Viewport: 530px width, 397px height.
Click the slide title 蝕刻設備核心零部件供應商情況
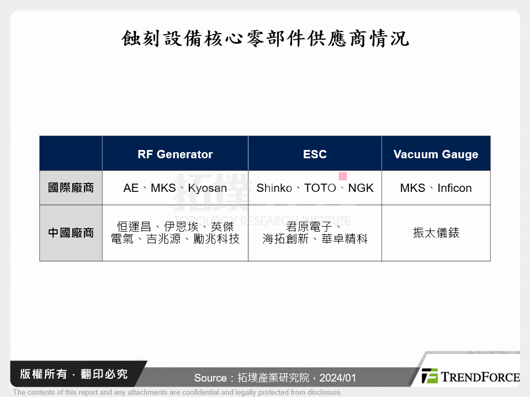pos(265,38)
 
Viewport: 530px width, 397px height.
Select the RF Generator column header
pos(175,154)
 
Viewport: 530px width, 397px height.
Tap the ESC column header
pos(315,154)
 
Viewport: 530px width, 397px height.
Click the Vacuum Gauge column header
pos(436,154)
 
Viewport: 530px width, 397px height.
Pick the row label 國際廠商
pos(71,188)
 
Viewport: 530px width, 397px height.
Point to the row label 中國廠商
pos(71,233)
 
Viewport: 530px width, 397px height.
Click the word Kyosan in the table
pos(207,188)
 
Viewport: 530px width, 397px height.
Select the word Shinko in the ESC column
pos(274,188)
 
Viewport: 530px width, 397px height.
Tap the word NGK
pos(361,188)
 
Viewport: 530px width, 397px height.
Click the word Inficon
pos(454,188)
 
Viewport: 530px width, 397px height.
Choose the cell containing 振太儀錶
pos(436,233)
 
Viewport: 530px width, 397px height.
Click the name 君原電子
pos(309,227)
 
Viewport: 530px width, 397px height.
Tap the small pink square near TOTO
pos(342,176)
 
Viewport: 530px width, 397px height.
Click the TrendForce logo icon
pos(430,376)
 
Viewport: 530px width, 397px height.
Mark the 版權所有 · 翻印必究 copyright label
pos(73,374)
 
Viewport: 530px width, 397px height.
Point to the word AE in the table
pos(131,188)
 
